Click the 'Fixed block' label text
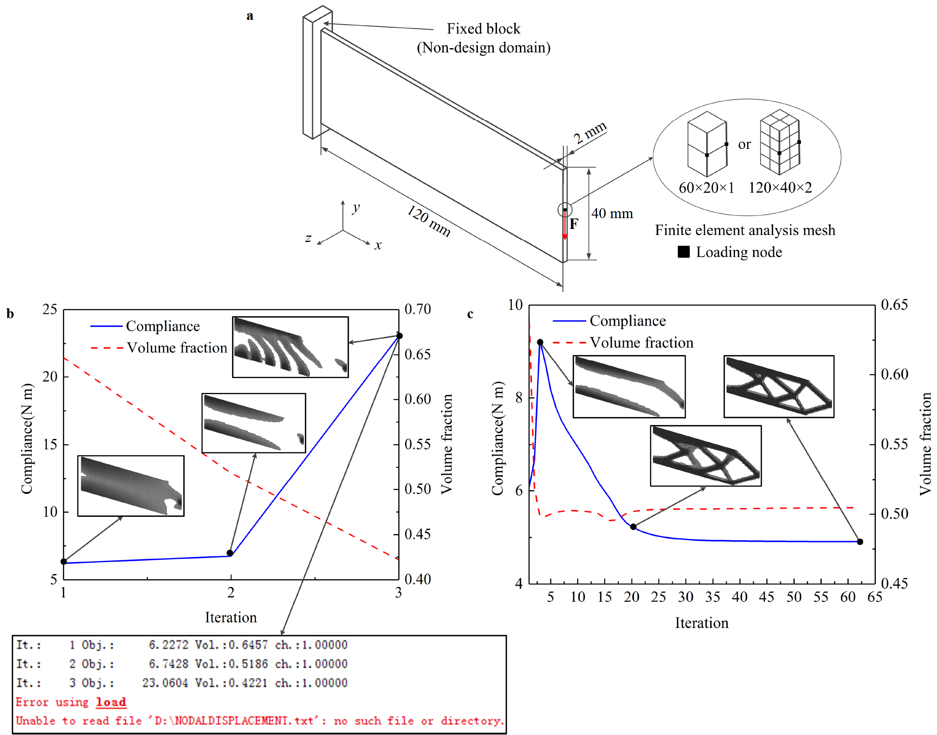pyautogui.click(x=483, y=29)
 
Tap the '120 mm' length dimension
pyautogui.click(x=428, y=221)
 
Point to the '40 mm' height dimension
pyautogui.click(x=612, y=213)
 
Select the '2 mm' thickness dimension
pyautogui.click(x=590, y=132)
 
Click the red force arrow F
pyautogui.click(x=565, y=225)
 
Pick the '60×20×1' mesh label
pyautogui.click(x=706, y=188)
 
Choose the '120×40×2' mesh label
pyautogui.click(x=780, y=187)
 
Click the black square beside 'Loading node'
pyautogui.click(x=684, y=252)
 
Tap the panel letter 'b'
pyautogui.click(x=10, y=314)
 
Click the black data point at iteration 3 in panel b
pyautogui.click(x=400, y=336)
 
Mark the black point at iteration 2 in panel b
pyautogui.click(x=230, y=553)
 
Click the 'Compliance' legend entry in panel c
pyautogui.click(x=627, y=321)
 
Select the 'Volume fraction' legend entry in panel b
pyautogui.click(x=176, y=348)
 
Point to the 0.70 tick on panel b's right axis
pyautogui.click(x=418, y=309)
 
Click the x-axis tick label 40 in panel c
pyautogui.click(x=739, y=597)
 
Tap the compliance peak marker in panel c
pyautogui.click(x=540, y=342)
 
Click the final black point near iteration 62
pyautogui.click(x=860, y=542)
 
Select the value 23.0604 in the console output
pyautogui.click(x=165, y=683)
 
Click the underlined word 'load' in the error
pyautogui.click(x=111, y=702)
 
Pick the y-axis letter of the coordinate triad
pyautogui.click(x=356, y=208)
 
